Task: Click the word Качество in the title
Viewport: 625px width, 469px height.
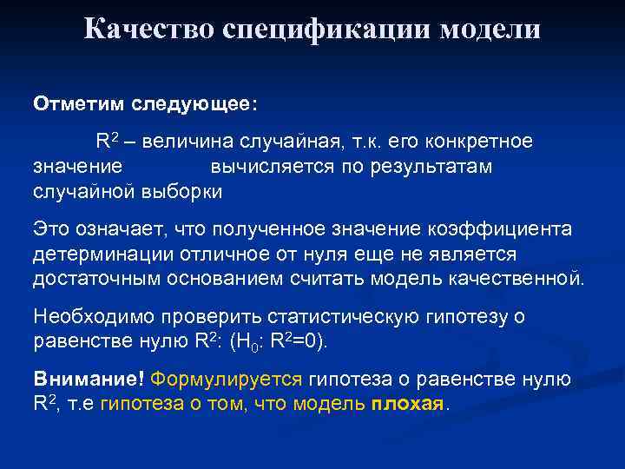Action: pyautogui.click(x=148, y=30)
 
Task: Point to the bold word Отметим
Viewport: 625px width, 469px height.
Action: pyautogui.click(x=80, y=104)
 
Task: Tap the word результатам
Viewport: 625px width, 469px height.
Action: pyautogui.click(x=429, y=166)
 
